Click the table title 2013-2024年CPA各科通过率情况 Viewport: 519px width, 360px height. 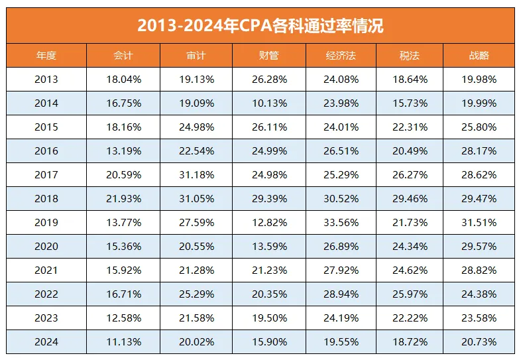point(260,26)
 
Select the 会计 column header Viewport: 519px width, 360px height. point(123,56)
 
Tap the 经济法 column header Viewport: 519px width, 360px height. point(342,56)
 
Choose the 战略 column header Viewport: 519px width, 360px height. point(479,56)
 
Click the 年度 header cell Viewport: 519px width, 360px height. point(46,56)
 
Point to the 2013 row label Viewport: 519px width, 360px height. point(46,80)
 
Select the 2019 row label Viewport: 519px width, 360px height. point(46,223)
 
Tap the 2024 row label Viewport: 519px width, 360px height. point(46,342)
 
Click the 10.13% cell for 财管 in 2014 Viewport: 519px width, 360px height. point(268,103)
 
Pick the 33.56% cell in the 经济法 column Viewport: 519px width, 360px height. point(342,223)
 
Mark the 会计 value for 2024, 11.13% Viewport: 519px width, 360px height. point(123,342)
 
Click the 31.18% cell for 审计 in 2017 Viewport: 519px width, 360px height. point(196,175)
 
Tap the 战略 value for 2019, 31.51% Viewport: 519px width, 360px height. point(479,223)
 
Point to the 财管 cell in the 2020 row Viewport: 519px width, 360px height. point(268,247)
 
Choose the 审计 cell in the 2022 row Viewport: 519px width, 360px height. point(196,294)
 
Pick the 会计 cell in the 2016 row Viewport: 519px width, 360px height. point(123,151)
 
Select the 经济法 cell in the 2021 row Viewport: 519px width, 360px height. point(342,270)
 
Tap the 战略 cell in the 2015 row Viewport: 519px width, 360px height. point(479,127)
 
